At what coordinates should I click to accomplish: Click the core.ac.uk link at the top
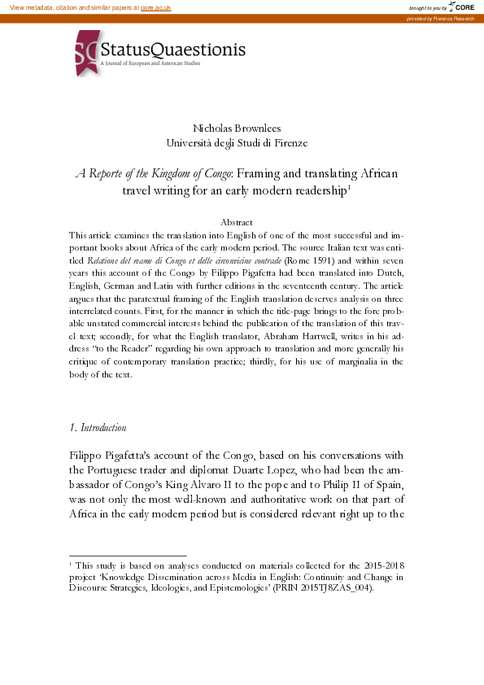coord(155,7)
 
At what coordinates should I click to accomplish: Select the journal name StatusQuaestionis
coord(172,50)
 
